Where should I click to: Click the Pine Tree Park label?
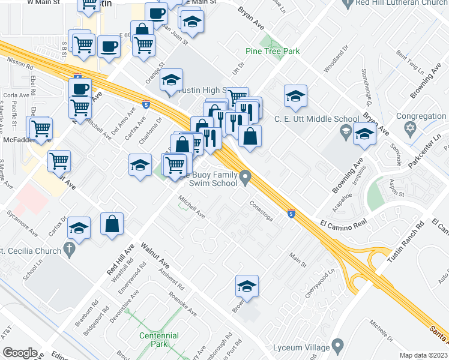click(273, 52)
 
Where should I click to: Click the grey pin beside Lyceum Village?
click(337, 345)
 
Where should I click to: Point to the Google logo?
click(19, 353)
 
